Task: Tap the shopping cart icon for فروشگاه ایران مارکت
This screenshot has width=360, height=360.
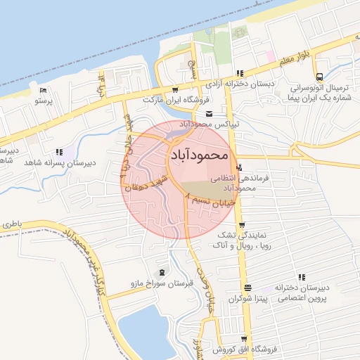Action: (x=175, y=89)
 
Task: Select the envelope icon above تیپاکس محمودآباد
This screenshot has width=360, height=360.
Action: (x=209, y=114)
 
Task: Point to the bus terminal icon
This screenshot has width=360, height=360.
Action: (x=320, y=77)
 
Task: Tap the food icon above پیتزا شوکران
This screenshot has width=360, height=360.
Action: (x=247, y=288)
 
